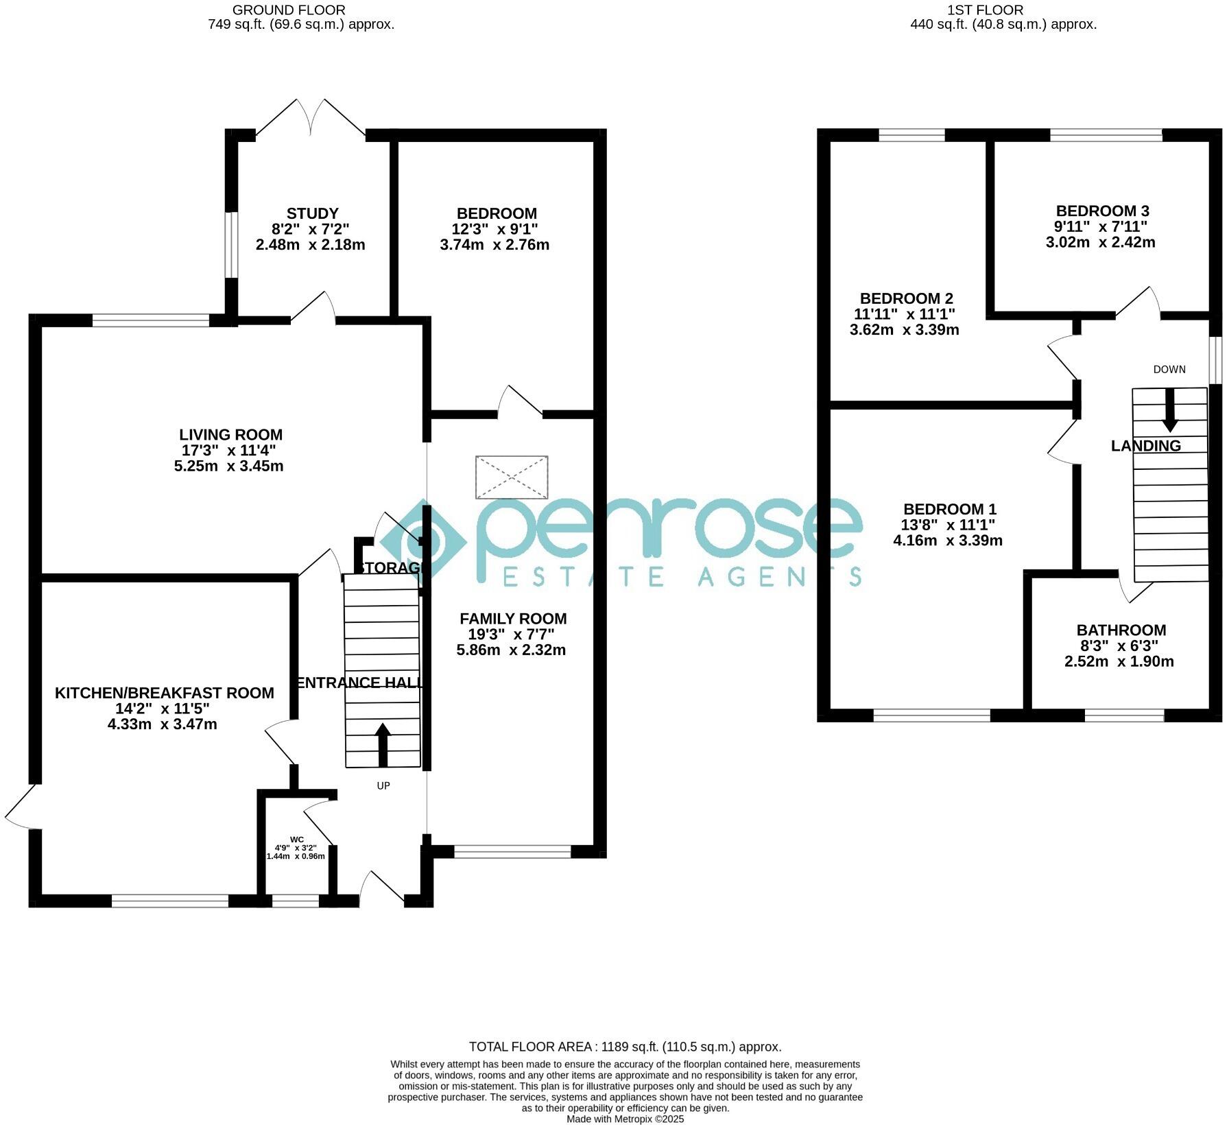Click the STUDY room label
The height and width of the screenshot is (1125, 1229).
312,213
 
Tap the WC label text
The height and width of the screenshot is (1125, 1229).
296,839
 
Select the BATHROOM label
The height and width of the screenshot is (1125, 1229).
1121,630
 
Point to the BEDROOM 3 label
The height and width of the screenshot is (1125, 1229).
1102,211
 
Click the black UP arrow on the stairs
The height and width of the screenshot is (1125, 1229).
383,744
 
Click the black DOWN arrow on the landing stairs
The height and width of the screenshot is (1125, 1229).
1169,410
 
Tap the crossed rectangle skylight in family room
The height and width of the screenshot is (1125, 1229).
512,477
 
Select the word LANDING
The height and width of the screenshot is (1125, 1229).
1146,446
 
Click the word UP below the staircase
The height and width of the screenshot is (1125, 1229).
383,785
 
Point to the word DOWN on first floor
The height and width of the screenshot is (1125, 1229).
1169,369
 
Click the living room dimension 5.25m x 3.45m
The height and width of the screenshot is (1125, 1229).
228,466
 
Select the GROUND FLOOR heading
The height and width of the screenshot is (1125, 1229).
289,10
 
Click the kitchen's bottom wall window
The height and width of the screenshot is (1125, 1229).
170,901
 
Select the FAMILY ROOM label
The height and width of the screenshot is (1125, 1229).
513,618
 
